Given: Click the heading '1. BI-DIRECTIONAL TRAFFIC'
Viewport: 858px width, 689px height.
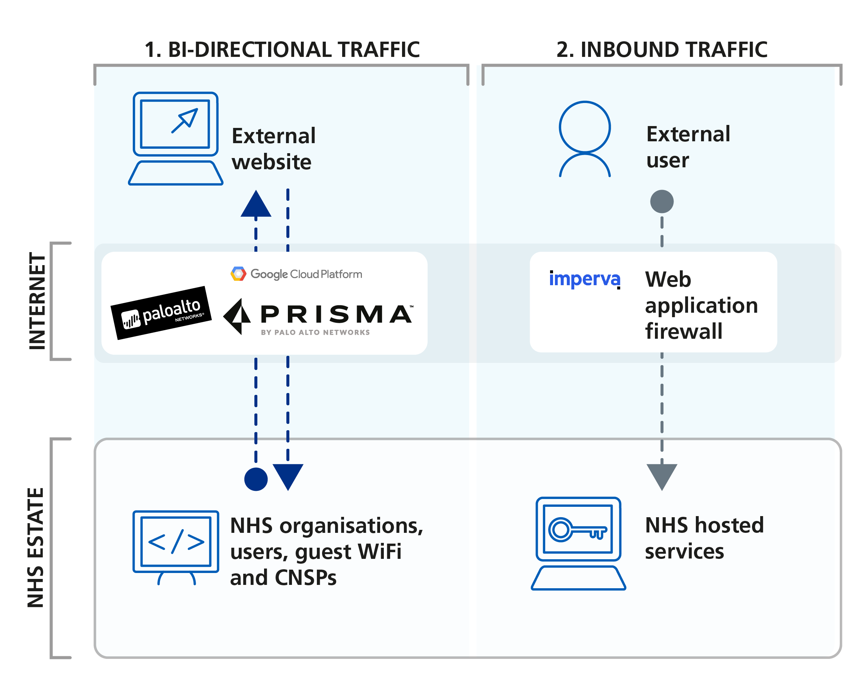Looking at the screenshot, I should tap(282, 50).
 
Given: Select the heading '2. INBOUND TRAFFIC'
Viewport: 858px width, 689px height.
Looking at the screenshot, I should tap(661, 50).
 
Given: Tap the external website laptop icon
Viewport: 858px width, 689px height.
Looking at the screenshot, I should tap(176, 138).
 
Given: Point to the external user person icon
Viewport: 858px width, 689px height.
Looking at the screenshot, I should tap(585, 138).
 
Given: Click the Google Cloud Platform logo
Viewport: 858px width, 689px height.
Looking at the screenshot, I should tap(296, 274).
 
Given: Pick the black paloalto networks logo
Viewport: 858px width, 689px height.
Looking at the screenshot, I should tap(161, 313).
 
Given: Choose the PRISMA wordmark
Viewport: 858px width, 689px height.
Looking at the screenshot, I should tap(336, 314).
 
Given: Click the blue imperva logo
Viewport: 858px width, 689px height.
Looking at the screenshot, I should tap(584, 279).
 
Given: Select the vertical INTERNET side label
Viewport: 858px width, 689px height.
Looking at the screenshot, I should tap(38, 301).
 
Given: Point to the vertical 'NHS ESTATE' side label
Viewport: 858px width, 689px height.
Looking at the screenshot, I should tap(35, 547).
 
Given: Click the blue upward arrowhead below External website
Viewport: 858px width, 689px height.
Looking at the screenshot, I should tap(256, 204).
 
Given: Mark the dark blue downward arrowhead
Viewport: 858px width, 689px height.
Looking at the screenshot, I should tap(288, 476).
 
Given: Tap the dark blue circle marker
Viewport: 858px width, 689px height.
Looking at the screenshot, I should tap(256, 479).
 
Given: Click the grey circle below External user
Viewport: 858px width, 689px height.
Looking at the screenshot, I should tap(661, 201).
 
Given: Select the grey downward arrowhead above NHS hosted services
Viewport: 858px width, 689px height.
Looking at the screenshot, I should tap(661, 476).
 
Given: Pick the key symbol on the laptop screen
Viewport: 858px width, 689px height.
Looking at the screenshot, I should tap(577, 529).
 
